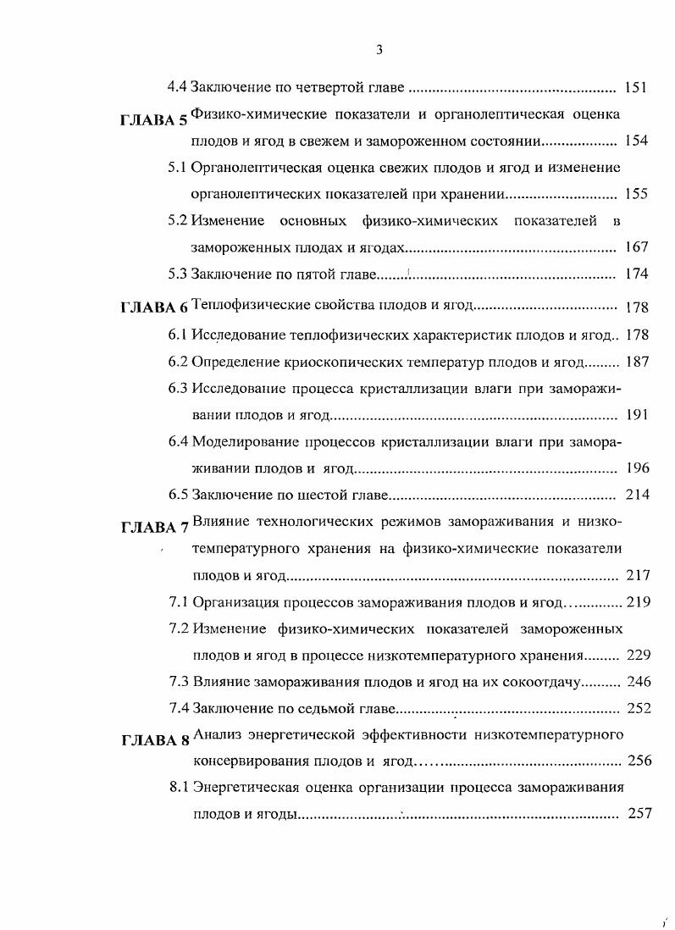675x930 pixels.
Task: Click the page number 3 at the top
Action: (x=379, y=50)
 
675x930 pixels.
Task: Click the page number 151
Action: (x=635, y=86)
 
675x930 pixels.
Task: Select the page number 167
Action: (x=635, y=247)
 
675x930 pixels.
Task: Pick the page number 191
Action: (x=635, y=415)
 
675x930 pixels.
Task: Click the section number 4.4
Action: (x=177, y=86)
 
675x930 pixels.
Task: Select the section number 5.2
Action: (x=177, y=221)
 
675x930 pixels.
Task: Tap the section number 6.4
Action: (x=177, y=441)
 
